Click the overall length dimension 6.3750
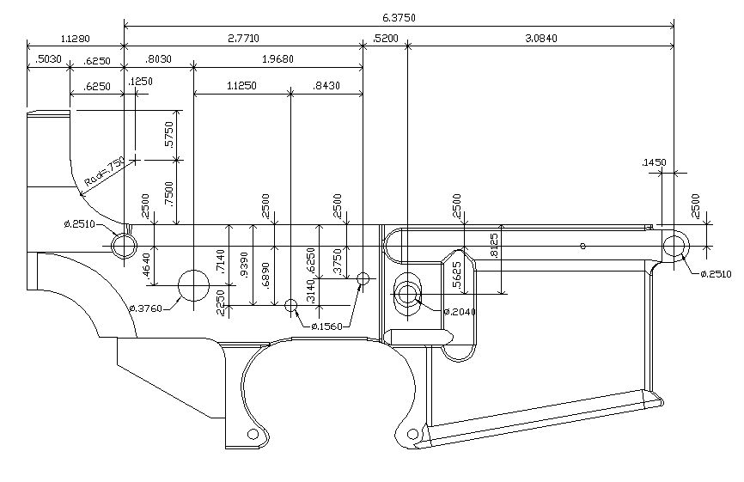coord(399,17)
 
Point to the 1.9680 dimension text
coord(277,62)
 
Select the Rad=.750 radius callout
coord(104,173)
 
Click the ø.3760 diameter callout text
coord(148,308)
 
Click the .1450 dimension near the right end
coord(655,162)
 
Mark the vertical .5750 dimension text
coord(170,135)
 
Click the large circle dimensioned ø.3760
coord(193,284)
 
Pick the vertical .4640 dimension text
coord(147,264)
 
